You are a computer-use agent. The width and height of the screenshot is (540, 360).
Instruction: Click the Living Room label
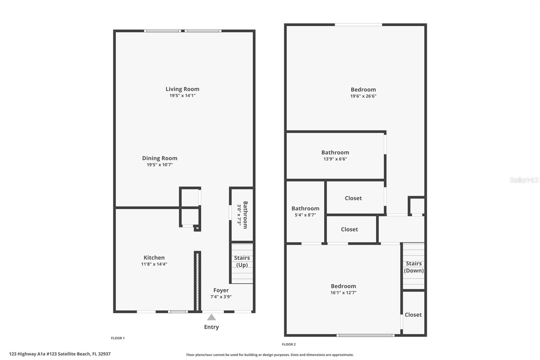tap(182, 89)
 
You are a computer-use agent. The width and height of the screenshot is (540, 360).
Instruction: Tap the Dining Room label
tap(160, 158)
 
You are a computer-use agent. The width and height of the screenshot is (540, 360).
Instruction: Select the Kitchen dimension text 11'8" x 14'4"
tap(154, 264)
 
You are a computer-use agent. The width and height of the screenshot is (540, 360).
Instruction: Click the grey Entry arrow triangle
tap(211, 317)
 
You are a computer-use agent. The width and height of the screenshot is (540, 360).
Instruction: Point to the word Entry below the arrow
tap(211, 327)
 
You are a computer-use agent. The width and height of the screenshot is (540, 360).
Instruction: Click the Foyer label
tap(221, 290)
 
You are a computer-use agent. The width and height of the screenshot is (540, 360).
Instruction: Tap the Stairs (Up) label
tap(242, 261)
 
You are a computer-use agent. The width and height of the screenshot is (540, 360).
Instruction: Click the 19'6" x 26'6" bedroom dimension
tap(363, 96)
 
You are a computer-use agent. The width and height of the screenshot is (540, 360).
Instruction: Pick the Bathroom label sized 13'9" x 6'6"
tap(335, 153)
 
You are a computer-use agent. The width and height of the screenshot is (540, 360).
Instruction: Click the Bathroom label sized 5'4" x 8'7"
tap(305, 209)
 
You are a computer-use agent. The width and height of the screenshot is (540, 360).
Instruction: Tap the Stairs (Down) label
tap(414, 267)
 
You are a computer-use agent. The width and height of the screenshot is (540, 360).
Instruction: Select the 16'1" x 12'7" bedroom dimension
tap(343, 293)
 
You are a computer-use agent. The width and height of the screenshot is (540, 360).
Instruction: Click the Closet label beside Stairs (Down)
tap(413, 315)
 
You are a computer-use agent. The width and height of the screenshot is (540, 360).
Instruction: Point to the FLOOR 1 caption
tap(118, 338)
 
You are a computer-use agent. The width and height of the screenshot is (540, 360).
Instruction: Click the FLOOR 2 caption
tap(289, 344)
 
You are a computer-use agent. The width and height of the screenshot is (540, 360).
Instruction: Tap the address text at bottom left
tap(60, 354)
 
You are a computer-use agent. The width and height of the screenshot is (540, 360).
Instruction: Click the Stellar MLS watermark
tap(524, 180)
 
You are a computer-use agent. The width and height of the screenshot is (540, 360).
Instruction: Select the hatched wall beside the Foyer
tap(197, 281)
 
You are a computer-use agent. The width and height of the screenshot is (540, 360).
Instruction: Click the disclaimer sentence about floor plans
tap(270, 355)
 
